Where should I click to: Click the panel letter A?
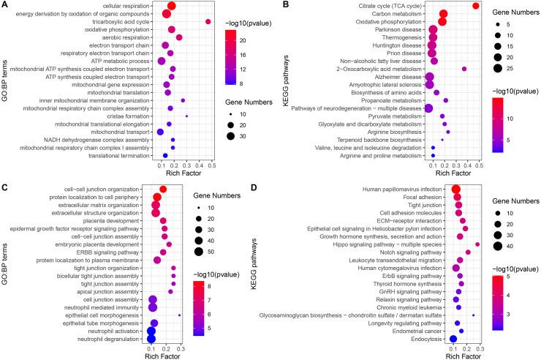tap(5, 5)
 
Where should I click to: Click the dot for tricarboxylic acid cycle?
tap(208, 22)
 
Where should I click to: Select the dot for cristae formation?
tap(187, 116)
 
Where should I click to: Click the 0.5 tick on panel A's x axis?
tap(212, 167)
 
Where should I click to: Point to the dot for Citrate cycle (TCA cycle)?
tap(476, 6)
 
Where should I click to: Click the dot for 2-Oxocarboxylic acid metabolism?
tap(464, 69)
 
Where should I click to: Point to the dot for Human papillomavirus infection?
tap(456, 190)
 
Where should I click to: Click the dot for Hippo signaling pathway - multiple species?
tap(477, 244)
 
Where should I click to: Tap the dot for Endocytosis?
tap(453, 339)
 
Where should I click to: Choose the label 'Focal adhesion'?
tap(415, 198)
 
